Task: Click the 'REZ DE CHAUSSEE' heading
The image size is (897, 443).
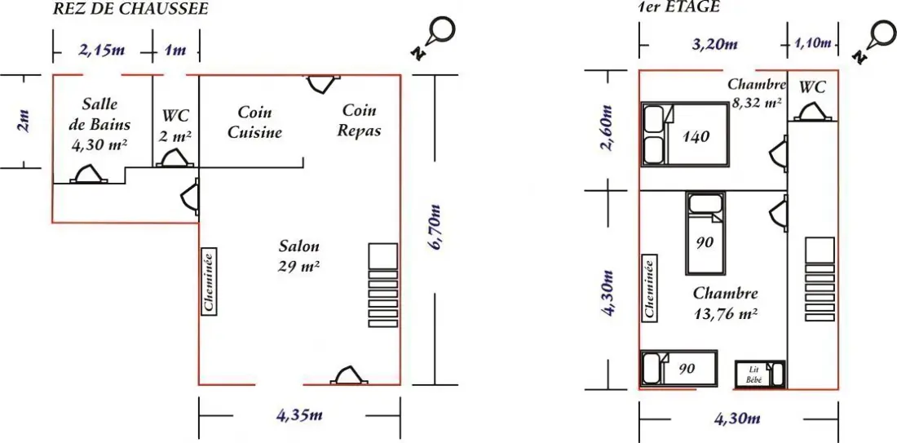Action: pyautogui.click(x=130, y=9)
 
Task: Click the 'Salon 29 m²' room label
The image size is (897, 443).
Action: pyautogui.click(x=299, y=256)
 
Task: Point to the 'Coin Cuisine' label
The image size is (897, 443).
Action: pyautogui.click(x=255, y=122)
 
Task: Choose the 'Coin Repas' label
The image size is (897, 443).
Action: pyautogui.click(x=360, y=120)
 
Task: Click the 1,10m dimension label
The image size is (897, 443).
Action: pyautogui.click(x=812, y=43)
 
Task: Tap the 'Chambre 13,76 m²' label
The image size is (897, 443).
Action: pyautogui.click(x=726, y=303)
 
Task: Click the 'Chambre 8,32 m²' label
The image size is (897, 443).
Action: pyautogui.click(x=756, y=94)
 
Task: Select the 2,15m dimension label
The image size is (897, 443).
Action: pyautogui.click(x=101, y=50)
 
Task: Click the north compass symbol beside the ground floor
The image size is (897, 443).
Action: pyautogui.click(x=434, y=36)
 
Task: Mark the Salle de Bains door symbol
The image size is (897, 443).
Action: pyautogui.click(x=88, y=174)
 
